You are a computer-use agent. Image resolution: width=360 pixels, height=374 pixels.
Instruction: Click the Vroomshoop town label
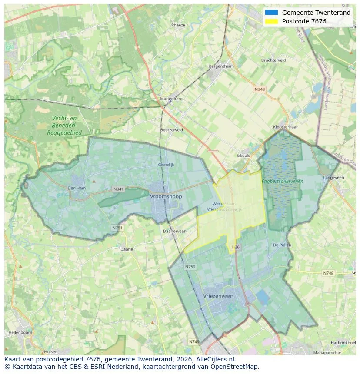click(166, 196)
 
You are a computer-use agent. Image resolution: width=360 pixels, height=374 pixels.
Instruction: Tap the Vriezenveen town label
click(218, 296)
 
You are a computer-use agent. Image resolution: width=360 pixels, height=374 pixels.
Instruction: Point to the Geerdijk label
click(166, 165)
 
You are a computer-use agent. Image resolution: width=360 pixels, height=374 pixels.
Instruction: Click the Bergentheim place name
click(221, 66)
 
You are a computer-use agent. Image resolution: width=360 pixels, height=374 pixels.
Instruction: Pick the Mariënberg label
click(171, 99)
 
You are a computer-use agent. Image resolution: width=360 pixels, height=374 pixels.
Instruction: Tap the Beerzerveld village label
click(171, 129)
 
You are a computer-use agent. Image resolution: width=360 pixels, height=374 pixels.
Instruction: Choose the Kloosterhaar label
click(285, 127)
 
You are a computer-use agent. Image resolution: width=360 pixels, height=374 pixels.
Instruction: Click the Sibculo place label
click(243, 155)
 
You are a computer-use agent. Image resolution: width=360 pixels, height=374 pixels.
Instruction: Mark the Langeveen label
click(333, 177)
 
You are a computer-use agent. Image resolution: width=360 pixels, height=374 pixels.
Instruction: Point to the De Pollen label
click(281, 245)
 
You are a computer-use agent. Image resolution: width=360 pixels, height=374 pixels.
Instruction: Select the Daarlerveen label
click(174, 231)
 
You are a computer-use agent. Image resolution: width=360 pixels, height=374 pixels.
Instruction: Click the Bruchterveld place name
click(273, 60)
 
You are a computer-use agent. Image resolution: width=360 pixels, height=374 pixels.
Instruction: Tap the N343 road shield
click(260, 89)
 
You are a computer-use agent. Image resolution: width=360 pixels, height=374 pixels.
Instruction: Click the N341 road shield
click(118, 189)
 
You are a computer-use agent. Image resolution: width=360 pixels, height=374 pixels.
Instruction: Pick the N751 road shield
click(117, 228)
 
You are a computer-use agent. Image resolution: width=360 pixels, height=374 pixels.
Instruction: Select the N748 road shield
click(328, 273)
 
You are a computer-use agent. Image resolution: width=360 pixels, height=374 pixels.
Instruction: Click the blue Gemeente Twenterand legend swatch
click(271, 13)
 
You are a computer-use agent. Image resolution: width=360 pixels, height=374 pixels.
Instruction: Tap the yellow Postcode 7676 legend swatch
click(271, 21)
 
